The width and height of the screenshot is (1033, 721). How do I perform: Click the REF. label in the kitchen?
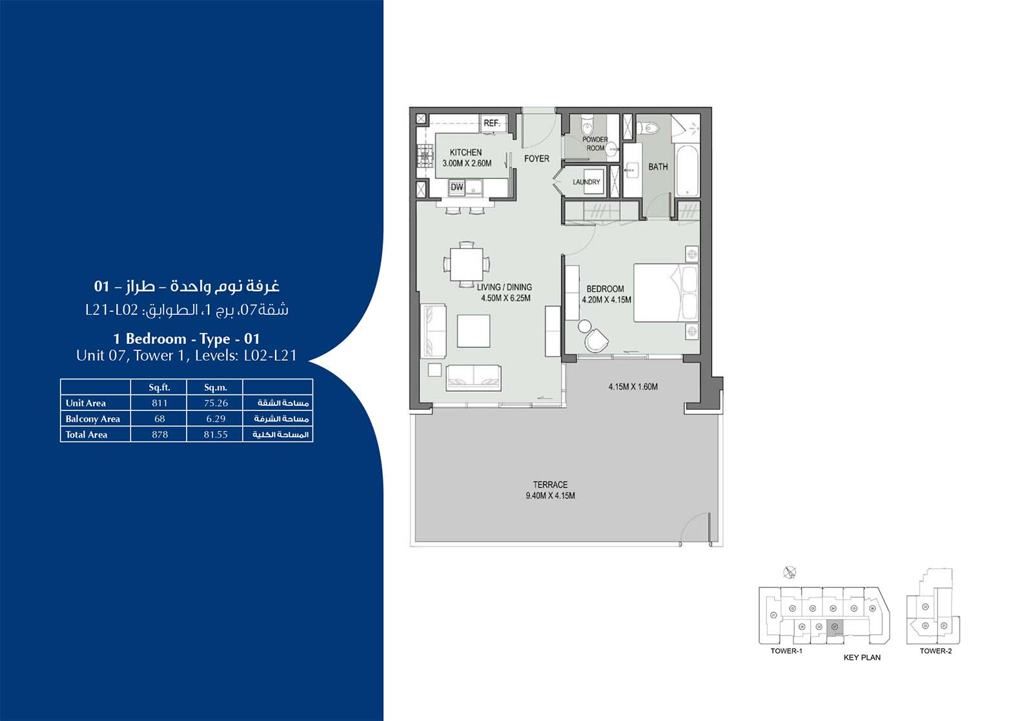pos(491,123)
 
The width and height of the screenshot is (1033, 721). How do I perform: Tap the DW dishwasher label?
pos(457,187)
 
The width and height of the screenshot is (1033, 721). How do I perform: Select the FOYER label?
pos(537,158)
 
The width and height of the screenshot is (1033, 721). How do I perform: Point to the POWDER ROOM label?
pos(595,143)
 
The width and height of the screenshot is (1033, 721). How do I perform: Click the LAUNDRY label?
pos(586,182)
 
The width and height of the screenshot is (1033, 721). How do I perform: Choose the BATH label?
pos(658,167)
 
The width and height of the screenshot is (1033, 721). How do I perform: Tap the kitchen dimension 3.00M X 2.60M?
pos(467,163)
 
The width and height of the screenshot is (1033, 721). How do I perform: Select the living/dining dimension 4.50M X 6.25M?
pos(506,298)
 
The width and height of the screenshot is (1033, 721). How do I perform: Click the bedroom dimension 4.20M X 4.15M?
pos(606,300)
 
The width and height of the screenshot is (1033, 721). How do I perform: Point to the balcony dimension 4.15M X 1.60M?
pos(633,387)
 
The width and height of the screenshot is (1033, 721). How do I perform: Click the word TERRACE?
pos(550,484)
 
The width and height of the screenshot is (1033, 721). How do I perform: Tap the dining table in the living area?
pos(466,264)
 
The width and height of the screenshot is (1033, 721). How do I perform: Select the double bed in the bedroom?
pos(665,292)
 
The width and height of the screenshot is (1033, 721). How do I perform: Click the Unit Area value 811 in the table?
pos(159,403)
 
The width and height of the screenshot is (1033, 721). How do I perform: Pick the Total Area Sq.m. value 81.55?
pos(216,434)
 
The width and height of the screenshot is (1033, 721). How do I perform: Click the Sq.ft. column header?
pos(159,387)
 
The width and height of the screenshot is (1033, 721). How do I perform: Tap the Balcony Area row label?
pos(93,419)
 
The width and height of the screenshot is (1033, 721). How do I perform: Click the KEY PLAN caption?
pos(862,657)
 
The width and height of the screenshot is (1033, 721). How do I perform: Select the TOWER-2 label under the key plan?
pos(936,651)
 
